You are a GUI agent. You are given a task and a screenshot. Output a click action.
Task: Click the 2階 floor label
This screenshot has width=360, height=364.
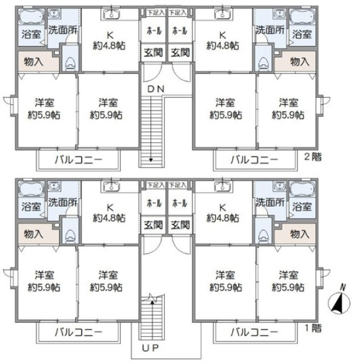coord(313,157)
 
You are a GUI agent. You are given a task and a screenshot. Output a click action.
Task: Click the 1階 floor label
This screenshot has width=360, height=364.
coord(313,328)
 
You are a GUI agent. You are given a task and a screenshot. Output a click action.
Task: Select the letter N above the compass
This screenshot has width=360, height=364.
coord(342,287)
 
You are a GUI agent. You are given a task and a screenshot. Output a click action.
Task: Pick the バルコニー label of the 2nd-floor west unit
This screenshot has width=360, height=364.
coord(78,160)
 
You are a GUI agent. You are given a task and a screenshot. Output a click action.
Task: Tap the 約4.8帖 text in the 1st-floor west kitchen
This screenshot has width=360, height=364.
coord(110,217)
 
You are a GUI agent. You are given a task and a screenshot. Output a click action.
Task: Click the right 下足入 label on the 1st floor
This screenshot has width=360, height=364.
coord(177,184)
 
